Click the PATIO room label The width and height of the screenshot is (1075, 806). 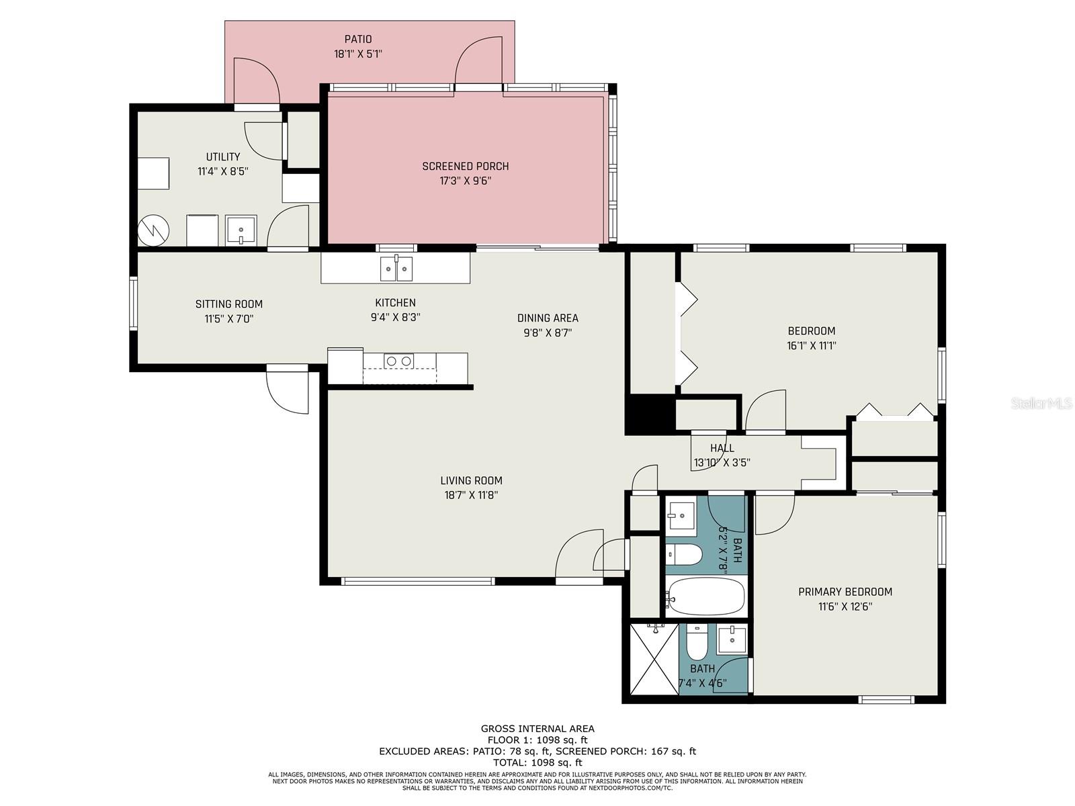click(358, 39)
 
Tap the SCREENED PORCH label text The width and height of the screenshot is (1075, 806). click(465, 167)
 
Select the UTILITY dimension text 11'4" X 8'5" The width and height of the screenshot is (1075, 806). click(223, 171)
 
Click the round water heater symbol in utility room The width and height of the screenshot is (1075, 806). click(153, 230)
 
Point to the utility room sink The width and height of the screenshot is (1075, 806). click(241, 230)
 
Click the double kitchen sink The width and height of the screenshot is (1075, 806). click(396, 268)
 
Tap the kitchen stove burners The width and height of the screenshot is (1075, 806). click(398, 361)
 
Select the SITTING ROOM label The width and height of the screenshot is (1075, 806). click(228, 304)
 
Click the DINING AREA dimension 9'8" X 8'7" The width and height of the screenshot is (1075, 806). click(548, 332)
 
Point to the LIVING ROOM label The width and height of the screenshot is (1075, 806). click(471, 480)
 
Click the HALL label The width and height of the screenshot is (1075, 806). click(722, 448)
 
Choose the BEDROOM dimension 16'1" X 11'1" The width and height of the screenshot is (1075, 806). click(811, 345)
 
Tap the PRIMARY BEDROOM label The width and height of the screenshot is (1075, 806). click(845, 592)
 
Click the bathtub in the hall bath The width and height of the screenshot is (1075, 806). click(706, 596)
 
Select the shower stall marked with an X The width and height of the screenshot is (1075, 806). click(654, 659)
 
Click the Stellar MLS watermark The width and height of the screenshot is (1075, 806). click(1041, 403)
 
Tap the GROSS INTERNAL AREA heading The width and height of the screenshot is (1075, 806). click(537, 729)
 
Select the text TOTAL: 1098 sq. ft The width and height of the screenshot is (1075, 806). click(537, 762)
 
